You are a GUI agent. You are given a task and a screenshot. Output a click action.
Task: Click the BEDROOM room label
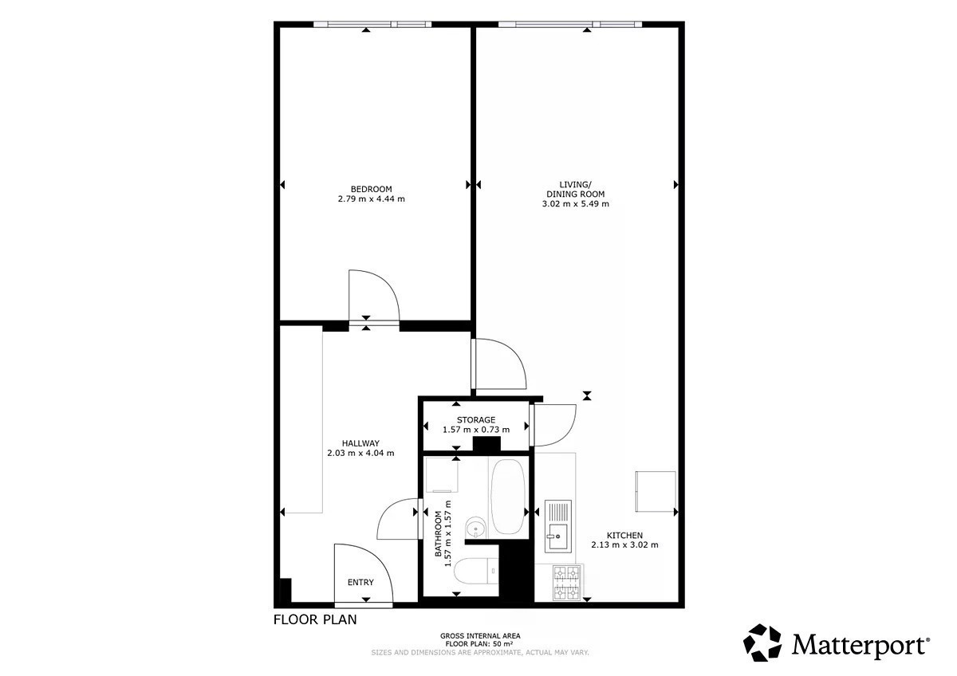click(x=372, y=189)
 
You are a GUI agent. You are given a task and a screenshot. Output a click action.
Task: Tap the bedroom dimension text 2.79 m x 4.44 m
click(x=372, y=198)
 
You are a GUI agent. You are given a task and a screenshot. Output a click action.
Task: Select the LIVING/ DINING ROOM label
click(x=576, y=189)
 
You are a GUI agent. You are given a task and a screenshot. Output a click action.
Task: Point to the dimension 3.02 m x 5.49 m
click(x=576, y=204)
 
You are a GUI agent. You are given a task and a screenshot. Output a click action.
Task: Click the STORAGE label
click(x=476, y=420)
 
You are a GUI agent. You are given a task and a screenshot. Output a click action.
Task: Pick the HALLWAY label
click(x=360, y=443)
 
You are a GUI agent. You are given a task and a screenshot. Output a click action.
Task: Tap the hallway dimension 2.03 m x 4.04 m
click(x=360, y=453)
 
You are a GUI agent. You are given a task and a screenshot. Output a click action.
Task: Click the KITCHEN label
click(x=624, y=535)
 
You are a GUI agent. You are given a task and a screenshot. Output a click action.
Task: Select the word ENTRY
click(x=360, y=582)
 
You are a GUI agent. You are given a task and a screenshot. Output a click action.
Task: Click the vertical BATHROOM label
click(x=438, y=534)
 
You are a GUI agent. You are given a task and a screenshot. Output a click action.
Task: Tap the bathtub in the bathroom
click(x=507, y=497)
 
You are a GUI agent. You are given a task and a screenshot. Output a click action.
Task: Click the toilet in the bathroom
click(x=476, y=571)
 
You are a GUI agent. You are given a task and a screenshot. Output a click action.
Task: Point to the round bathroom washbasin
click(x=475, y=528)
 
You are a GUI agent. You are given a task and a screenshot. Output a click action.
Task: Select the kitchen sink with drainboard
click(x=558, y=526)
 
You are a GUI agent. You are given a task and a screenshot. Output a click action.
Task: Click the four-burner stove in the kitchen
click(x=567, y=583)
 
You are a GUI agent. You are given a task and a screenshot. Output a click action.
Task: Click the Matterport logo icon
click(x=762, y=643)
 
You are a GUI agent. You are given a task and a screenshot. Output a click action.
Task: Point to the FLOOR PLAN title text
click(x=315, y=619)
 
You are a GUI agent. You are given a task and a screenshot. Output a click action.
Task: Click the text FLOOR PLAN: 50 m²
click(x=479, y=644)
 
